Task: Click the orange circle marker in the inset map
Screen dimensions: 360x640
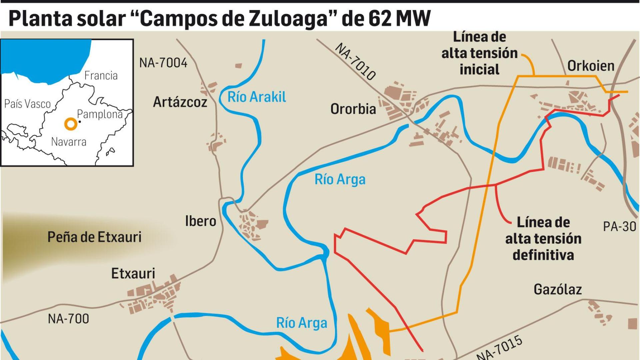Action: pos(71,124)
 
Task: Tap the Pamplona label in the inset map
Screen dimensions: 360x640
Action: pos(100,114)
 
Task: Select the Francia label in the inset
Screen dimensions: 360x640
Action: pos(101,76)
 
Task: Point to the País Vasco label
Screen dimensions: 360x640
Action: pos(27,104)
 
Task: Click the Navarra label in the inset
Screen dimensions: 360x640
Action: pos(69,142)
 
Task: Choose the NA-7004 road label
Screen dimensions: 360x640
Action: pos(163,63)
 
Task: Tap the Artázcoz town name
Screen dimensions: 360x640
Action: pos(180,102)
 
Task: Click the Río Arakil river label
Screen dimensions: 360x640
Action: pos(257,97)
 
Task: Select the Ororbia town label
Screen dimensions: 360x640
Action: pos(353,109)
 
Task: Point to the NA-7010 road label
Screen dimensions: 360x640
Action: pos(355,61)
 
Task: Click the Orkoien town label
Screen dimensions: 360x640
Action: pos(591,66)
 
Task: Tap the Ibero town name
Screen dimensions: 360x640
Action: pos(201,221)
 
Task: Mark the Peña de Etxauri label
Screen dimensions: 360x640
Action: pos(94,237)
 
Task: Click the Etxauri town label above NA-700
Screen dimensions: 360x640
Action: pos(133,274)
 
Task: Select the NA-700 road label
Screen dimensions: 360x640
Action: pos(68,319)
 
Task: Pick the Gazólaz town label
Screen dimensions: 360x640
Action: pos(557,289)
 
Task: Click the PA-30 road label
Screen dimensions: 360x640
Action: pos(619,227)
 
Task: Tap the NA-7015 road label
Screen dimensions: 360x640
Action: pos(499,348)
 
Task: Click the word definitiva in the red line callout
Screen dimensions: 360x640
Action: pos(543,255)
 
